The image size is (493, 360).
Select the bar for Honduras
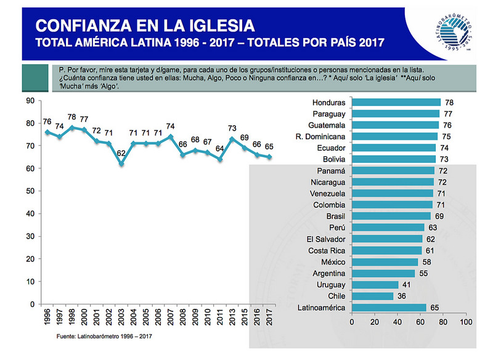[x=396, y=102]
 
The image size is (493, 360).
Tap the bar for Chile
[x=372, y=296]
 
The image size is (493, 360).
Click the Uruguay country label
[x=332, y=285]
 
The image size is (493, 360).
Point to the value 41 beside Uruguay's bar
[x=407, y=285]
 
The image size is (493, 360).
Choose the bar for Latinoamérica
[x=389, y=308]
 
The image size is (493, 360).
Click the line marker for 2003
[x=121, y=163]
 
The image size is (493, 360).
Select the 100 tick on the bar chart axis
[x=466, y=321]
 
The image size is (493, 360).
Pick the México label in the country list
[x=333, y=262]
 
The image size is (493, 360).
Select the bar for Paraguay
[x=396, y=114]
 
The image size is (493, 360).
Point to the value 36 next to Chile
[x=401, y=296]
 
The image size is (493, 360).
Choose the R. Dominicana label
[x=322, y=137]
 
